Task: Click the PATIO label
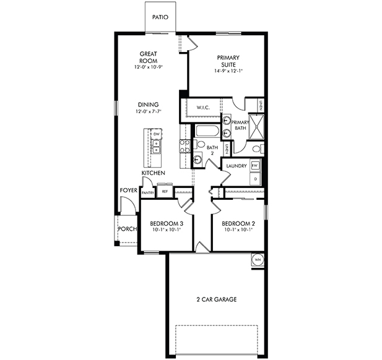click(x=160, y=17)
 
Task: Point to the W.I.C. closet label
click(x=204, y=108)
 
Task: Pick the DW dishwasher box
click(x=157, y=134)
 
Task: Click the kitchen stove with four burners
click(x=184, y=147)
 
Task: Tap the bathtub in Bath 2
click(x=205, y=132)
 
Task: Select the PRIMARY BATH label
click(x=240, y=126)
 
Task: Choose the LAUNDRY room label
click(x=237, y=166)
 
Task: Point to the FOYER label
click(x=129, y=191)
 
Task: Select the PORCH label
click(x=127, y=229)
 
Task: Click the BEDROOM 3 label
click(x=167, y=223)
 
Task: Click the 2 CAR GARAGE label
click(x=216, y=299)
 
